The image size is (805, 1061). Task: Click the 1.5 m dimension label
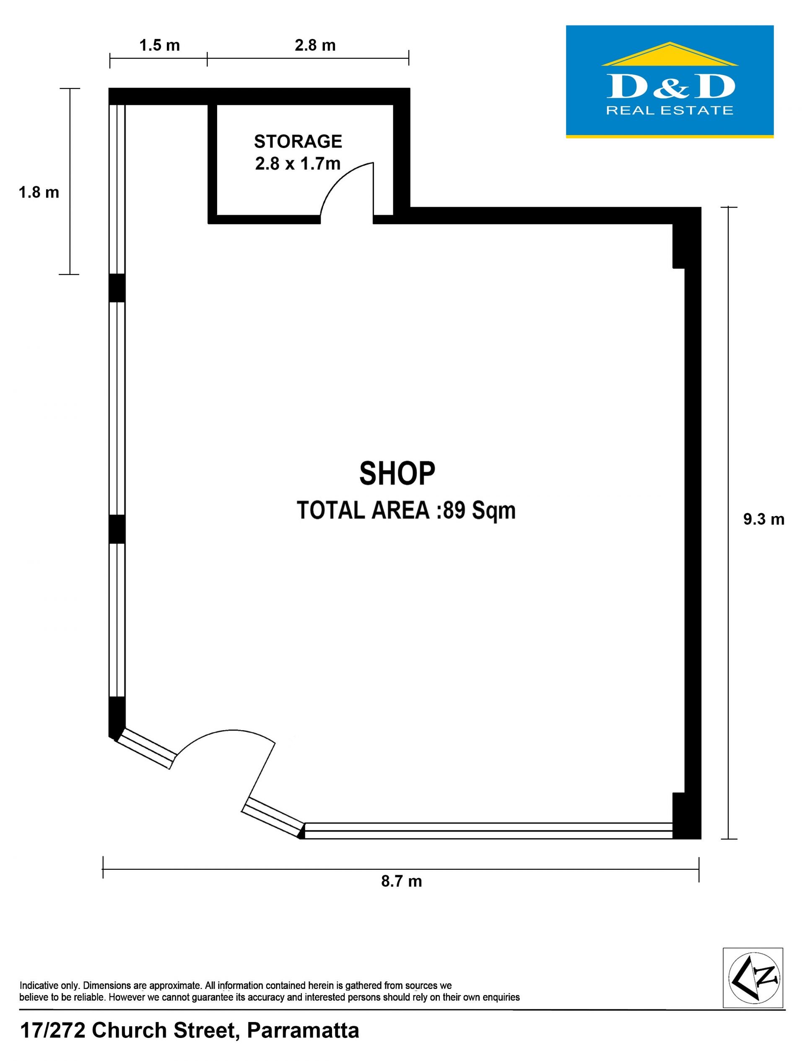tap(160, 46)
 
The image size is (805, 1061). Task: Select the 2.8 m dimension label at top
tap(315, 46)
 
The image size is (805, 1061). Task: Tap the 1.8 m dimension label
tap(39, 192)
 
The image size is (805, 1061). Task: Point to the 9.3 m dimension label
tap(764, 519)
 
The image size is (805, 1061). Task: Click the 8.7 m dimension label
tap(402, 881)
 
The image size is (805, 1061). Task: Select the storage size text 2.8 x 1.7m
tap(298, 164)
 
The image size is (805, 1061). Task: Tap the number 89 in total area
tap(454, 510)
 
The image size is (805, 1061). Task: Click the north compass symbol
tap(753, 978)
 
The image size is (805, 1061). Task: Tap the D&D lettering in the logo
tap(670, 87)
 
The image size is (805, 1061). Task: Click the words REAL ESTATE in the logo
tap(670, 110)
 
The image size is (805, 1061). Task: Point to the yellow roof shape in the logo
tap(670, 54)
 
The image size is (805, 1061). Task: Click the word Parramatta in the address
tap(303, 1030)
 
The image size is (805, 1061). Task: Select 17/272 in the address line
tap(53, 1030)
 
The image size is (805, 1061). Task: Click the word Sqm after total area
tap(493, 511)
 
